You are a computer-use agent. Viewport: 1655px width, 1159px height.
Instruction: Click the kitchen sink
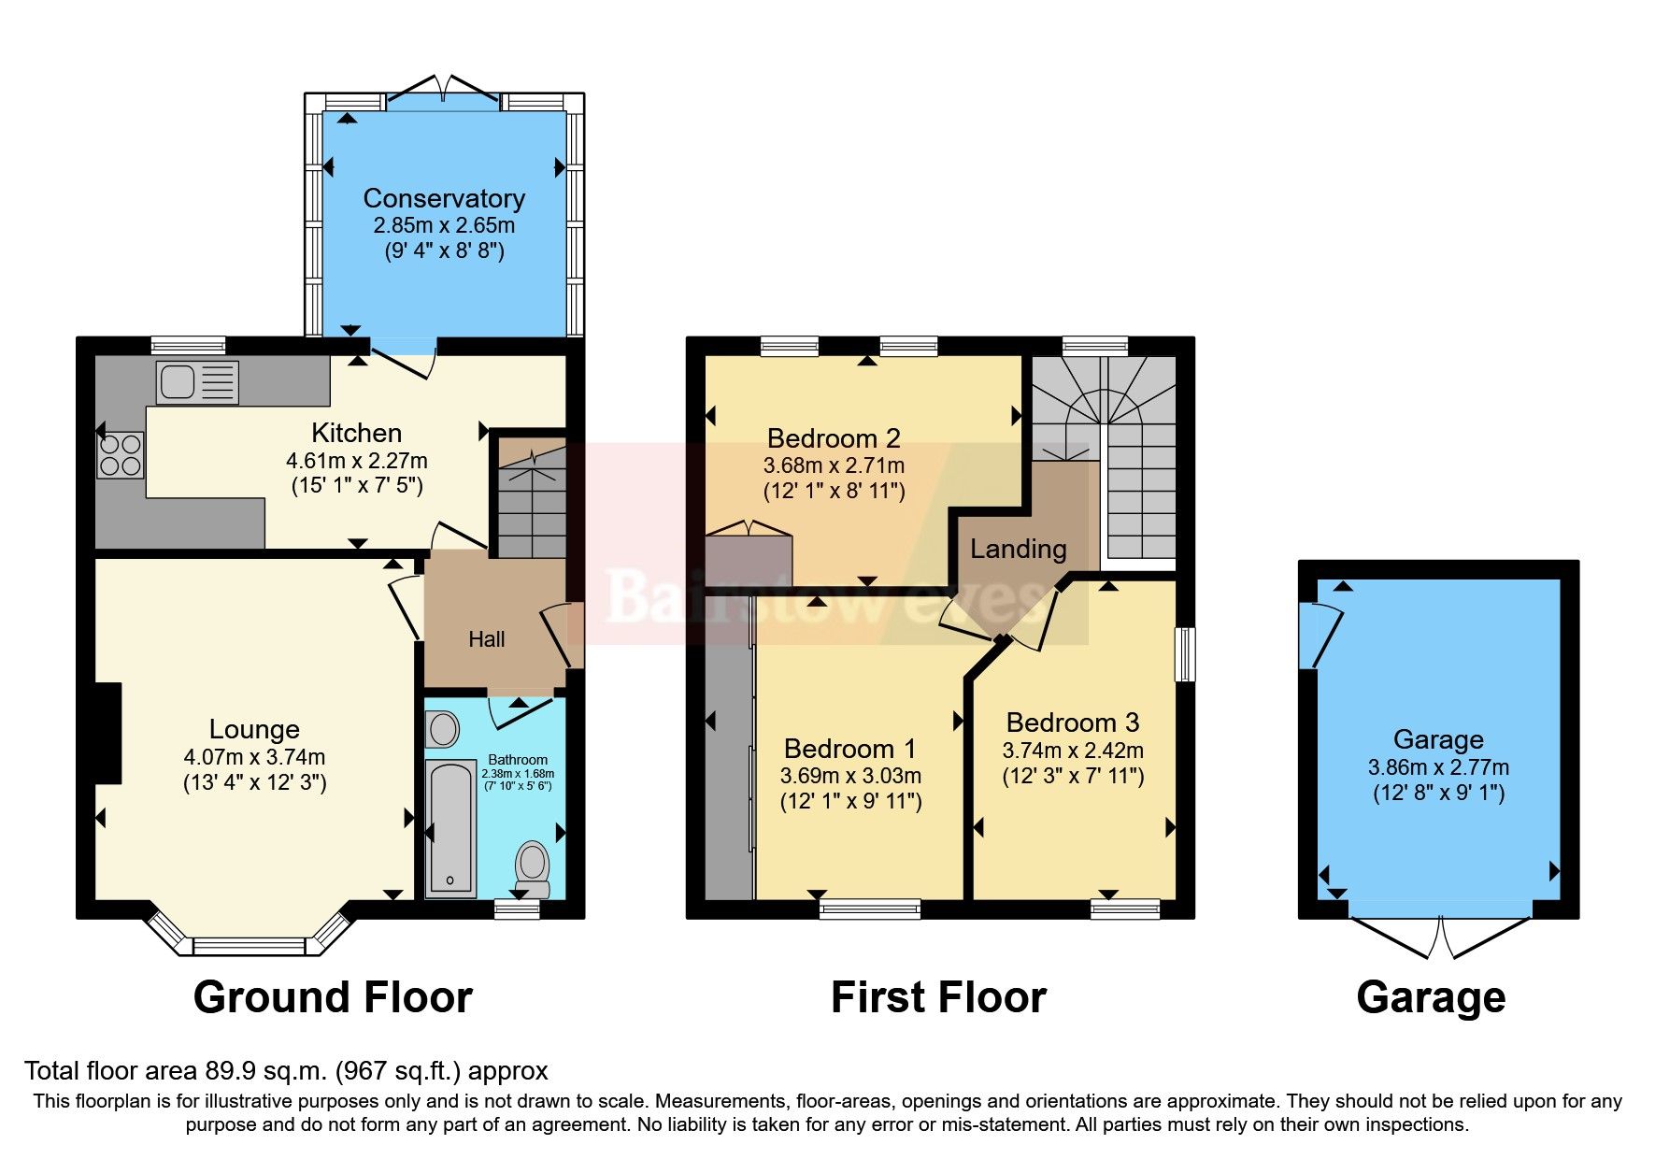point(196,381)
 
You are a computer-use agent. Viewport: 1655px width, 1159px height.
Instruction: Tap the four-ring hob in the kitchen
point(121,454)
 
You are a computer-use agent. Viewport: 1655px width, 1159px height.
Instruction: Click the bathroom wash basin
point(442,728)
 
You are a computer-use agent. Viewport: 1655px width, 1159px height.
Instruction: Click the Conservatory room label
point(444,198)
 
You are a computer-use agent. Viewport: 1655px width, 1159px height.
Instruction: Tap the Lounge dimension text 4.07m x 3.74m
point(254,757)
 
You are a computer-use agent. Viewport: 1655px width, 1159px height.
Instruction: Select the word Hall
point(486,639)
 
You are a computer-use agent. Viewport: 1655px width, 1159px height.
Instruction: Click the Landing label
point(1018,549)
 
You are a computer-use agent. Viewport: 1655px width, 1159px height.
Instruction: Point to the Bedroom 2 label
point(834,438)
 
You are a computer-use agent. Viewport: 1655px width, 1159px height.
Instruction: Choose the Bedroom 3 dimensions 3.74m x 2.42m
point(1073,750)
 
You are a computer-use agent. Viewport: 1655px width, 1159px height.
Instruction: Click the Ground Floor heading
point(333,997)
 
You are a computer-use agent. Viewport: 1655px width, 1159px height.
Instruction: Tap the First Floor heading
point(938,997)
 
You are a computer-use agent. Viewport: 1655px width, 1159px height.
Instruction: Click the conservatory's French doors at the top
point(443,92)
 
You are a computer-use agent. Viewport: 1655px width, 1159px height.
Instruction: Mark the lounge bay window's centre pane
point(249,946)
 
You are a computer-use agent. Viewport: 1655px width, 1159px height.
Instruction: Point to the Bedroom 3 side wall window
point(1185,654)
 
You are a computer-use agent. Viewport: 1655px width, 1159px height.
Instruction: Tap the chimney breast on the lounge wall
point(108,733)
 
